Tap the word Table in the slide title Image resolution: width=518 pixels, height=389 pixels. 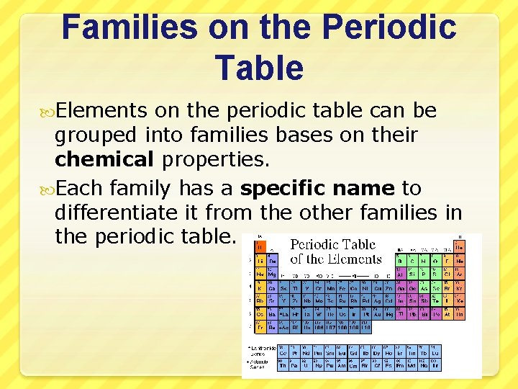[x=259, y=68]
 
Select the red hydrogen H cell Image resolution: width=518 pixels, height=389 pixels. [x=260, y=246]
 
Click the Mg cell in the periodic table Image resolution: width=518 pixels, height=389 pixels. [x=272, y=274]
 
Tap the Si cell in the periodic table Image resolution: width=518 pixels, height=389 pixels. [x=412, y=274]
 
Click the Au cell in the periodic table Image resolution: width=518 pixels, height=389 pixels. [x=378, y=314]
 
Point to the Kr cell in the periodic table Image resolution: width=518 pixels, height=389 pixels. [x=459, y=287]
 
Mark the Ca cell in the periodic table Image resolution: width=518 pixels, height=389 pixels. [x=272, y=287]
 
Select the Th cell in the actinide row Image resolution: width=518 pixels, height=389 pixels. [x=283, y=365]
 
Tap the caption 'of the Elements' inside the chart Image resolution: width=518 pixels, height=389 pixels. [x=335, y=259]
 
